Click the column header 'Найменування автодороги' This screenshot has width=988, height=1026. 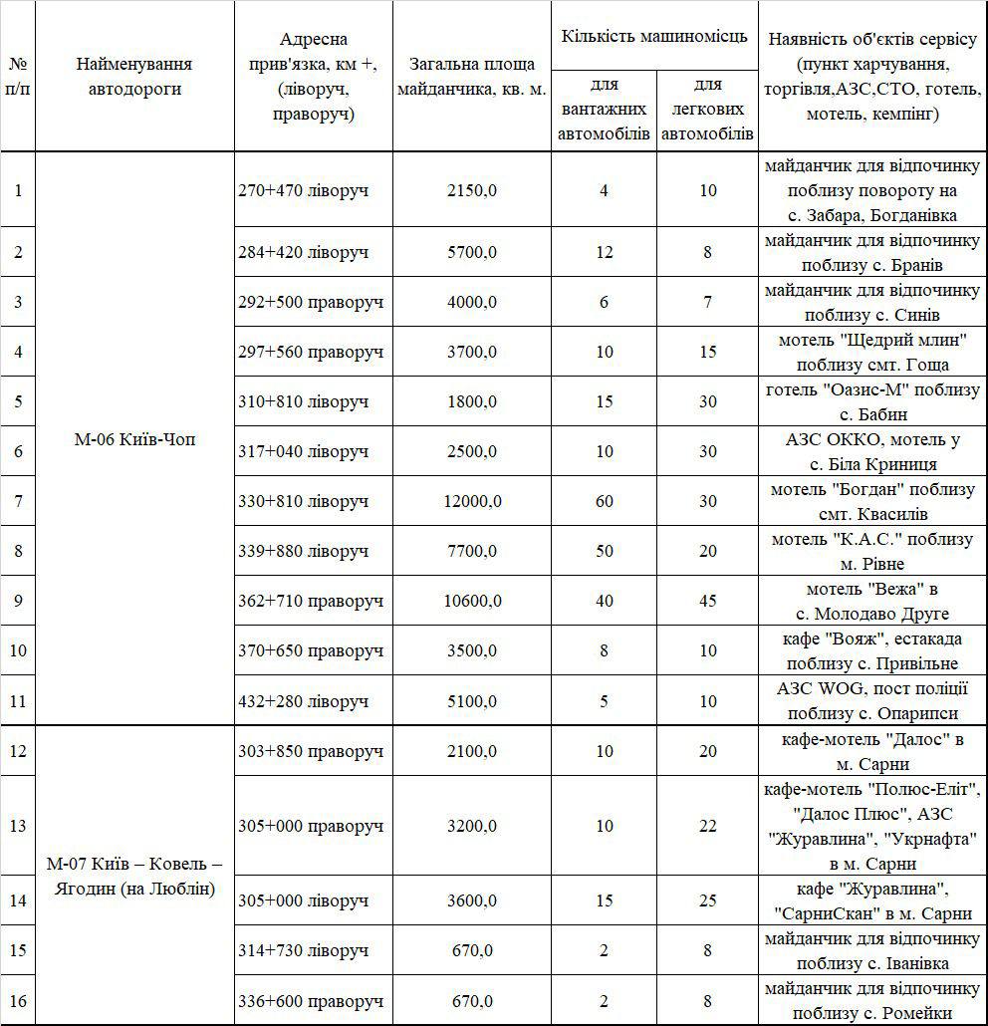coord(134,77)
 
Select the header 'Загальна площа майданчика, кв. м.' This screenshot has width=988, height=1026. coord(472,77)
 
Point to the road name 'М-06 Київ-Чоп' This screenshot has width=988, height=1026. coord(134,439)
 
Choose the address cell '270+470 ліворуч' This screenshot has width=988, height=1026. coord(304,189)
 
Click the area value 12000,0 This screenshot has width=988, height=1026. coord(472,501)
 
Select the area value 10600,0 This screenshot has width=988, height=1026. coord(472,601)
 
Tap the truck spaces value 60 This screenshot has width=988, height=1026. coord(604,501)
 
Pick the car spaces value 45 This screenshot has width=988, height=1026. coord(707,601)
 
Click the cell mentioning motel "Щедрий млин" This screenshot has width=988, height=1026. coord(872,352)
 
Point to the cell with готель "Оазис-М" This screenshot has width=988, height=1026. coord(872,401)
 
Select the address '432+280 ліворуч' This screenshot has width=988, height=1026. coord(304,700)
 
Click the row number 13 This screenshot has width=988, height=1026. coord(18,826)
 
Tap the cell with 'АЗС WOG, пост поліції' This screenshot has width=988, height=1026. coord(872,700)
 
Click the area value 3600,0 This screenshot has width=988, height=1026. coord(472,900)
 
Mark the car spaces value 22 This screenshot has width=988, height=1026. coord(707,826)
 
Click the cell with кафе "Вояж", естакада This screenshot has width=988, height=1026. coord(872,650)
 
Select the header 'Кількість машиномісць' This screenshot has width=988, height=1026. coord(654,37)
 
